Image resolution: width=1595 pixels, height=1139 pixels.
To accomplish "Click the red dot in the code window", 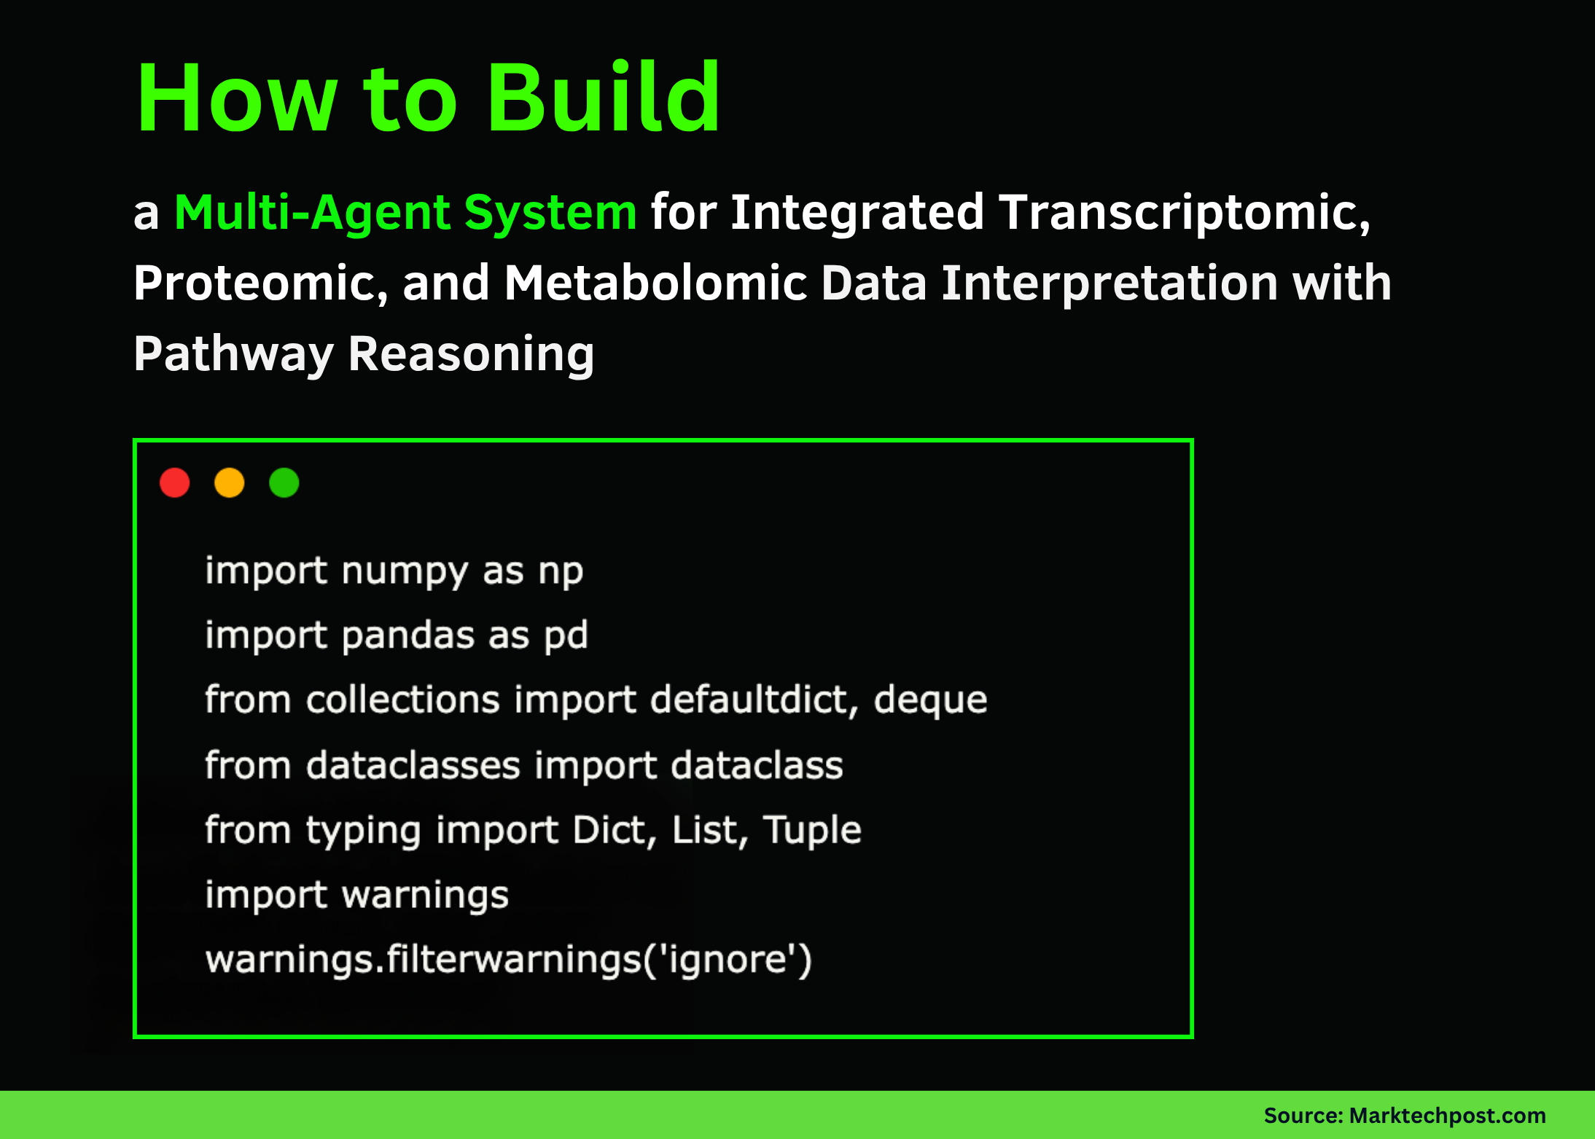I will click(x=175, y=482).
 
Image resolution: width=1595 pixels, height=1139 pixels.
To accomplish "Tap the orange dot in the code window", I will click(x=230, y=482).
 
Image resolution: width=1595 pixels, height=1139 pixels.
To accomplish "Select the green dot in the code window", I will click(x=284, y=482).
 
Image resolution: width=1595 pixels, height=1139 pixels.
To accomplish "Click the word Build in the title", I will click(x=604, y=98).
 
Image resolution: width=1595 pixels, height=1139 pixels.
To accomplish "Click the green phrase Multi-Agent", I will click(x=313, y=213).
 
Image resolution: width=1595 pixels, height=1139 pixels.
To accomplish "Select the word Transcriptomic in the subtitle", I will click(x=1184, y=213).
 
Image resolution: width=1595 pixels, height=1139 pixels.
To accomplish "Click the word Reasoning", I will click(x=471, y=354).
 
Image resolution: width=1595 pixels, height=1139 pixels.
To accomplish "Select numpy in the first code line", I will click(x=405, y=571).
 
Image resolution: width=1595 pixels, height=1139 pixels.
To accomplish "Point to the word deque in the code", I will click(x=930, y=700).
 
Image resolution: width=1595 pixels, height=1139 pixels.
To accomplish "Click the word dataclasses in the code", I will click(x=413, y=765).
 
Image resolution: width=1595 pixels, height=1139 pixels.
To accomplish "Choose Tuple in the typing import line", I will click(x=812, y=830).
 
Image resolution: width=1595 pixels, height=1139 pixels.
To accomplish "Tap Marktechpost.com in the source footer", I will click(x=1447, y=1116).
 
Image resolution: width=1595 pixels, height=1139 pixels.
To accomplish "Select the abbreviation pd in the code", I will click(x=566, y=635).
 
